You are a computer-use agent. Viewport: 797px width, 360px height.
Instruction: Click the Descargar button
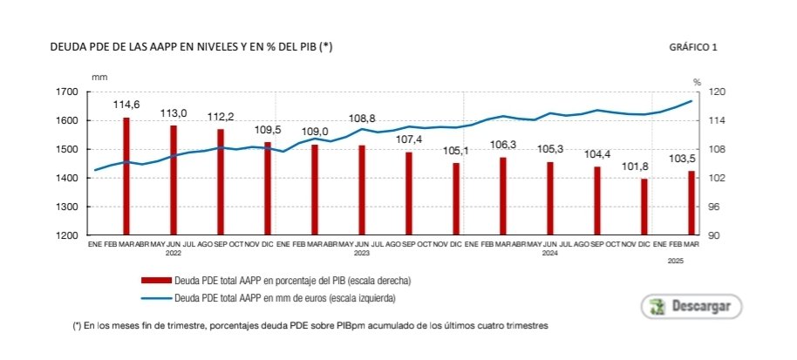[691, 307]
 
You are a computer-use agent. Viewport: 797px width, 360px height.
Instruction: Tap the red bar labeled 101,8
[644, 207]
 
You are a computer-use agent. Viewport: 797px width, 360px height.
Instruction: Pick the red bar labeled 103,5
[691, 202]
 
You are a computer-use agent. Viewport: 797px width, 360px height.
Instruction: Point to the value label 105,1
[456, 150]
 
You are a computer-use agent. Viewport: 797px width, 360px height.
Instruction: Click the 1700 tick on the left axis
[66, 92]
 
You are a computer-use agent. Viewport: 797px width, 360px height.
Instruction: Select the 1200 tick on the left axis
[66, 235]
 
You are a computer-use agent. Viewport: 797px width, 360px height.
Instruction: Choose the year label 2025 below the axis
[675, 262]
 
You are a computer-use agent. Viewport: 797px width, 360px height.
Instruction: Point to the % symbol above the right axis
[697, 81]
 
